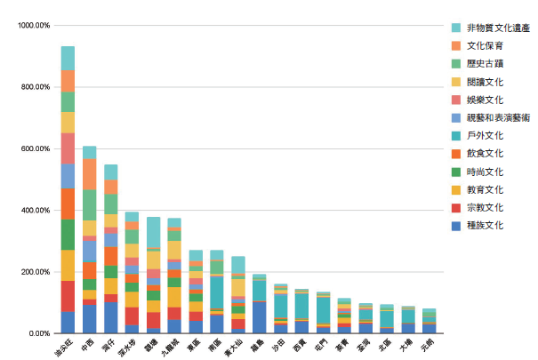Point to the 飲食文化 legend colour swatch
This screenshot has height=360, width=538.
tap(456, 154)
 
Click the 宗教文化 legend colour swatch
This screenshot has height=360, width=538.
tap(456, 208)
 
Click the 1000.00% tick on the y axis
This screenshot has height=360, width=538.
tap(33, 26)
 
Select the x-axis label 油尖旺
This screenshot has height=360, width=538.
tap(62, 347)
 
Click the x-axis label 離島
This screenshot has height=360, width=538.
tap(257, 344)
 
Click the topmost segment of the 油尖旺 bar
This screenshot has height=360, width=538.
tap(68, 58)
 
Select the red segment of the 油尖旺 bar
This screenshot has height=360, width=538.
tap(68, 296)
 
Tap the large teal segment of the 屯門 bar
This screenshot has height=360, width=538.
tap(323, 310)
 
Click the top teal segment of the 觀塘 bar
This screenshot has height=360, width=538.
tap(153, 233)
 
